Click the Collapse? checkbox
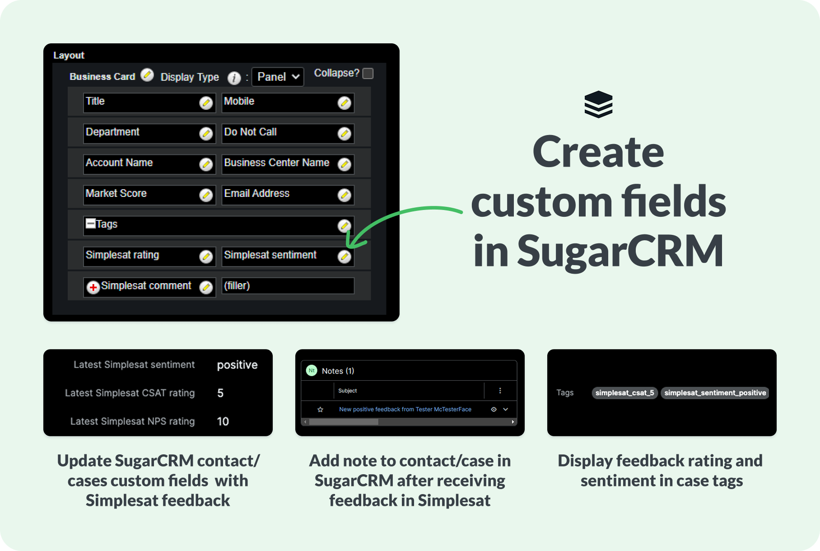[x=368, y=73]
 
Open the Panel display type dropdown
[x=278, y=77]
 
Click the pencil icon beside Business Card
[x=147, y=75]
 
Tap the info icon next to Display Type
[x=234, y=78]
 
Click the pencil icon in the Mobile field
[x=345, y=103]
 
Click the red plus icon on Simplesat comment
[x=93, y=287]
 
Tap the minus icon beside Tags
[x=91, y=223]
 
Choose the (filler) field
[x=288, y=286]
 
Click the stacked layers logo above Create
[x=598, y=104]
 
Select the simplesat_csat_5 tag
[x=624, y=393]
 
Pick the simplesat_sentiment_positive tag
[x=715, y=393]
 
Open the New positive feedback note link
[x=405, y=409]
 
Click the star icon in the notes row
[x=320, y=410]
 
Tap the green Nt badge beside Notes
[x=312, y=370]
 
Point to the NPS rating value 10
[x=223, y=421]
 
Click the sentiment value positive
[x=237, y=365]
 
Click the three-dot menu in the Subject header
[x=500, y=391]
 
